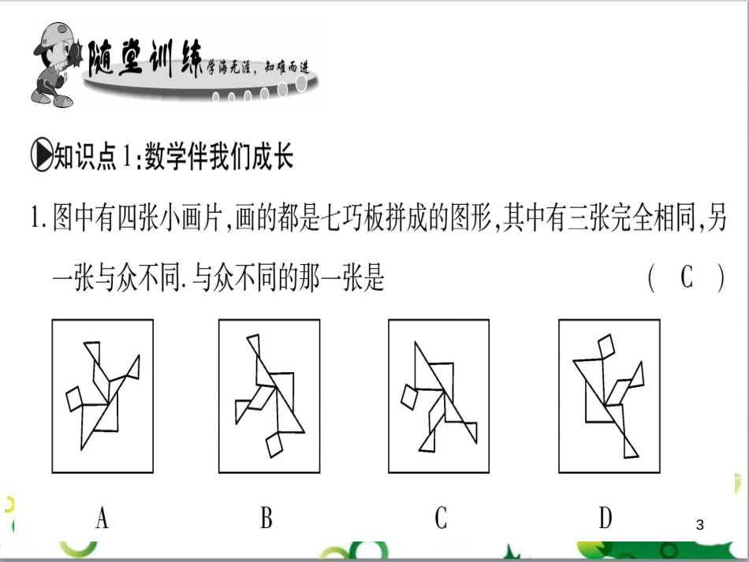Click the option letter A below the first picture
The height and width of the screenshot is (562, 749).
(x=102, y=518)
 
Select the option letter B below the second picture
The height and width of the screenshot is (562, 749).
(x=266, y=518)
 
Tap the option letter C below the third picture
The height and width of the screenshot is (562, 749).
(x=441, y=518)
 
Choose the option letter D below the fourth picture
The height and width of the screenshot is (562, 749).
(x=606, y=518)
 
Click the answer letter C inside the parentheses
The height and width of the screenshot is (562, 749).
(x=686, y=277)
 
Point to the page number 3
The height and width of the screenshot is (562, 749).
(x=700, y=524)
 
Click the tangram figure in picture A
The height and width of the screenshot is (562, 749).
(x=102, y=394)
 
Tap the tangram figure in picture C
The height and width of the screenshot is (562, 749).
(x=438, y=394)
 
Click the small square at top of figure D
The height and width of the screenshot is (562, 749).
(x=608, y=345)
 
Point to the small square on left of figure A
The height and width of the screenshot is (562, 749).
(x=74, y=399)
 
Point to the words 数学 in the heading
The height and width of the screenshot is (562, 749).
(x=164, y=158)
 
